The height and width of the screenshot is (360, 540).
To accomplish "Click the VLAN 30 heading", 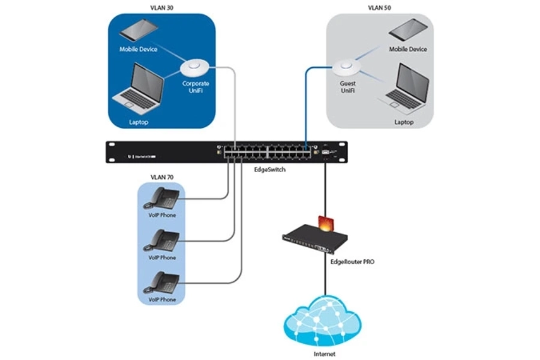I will [161, 8].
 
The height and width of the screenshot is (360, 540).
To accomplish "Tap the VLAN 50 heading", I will [379, 8].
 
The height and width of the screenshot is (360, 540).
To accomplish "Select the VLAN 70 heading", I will [161, 178].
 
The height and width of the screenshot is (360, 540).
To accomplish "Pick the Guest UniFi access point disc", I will [347, 66].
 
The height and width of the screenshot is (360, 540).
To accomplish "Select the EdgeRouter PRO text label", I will [352, 262].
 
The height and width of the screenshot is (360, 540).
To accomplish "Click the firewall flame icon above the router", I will [325, 223].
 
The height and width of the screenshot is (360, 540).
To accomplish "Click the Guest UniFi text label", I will [347, 88].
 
